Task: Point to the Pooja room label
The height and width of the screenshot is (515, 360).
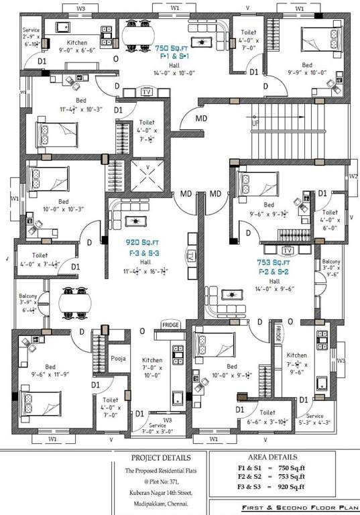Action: pos(118,358)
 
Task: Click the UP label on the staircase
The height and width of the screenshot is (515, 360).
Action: pos(255,123)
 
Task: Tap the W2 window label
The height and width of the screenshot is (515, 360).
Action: pos(353,177)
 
